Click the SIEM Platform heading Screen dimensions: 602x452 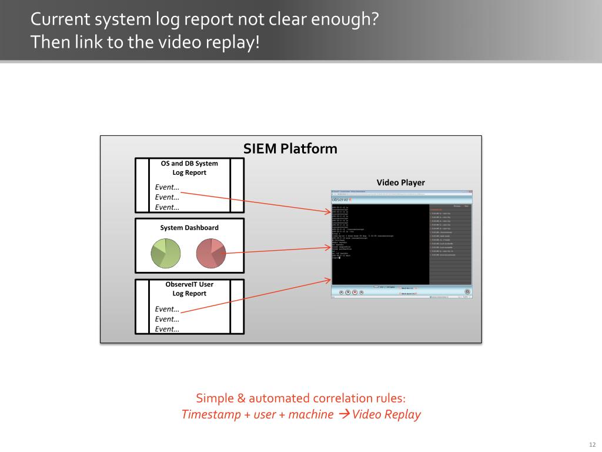[290, 148]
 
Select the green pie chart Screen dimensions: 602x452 [166, 254]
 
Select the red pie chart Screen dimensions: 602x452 [210, 254]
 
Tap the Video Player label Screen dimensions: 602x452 [400, 182]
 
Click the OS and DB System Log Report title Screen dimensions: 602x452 [189, 168]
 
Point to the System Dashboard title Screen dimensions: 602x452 [189, 228]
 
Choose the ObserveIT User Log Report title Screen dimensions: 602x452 [189, 288]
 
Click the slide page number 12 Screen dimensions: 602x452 [592, 444]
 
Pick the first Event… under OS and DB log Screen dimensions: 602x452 [167, 187]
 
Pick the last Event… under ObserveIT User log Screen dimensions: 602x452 [167, 329]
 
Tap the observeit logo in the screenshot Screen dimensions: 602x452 [342, 200]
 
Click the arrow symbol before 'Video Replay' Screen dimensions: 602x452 [345, 414]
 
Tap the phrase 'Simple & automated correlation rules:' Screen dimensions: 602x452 [300, 398]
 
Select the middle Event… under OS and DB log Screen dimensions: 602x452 [167, 197]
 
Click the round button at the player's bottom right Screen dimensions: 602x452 [467, 291]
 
